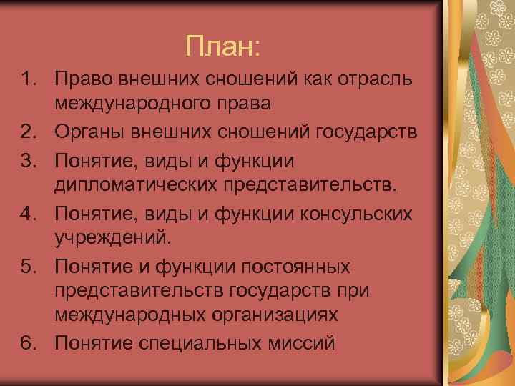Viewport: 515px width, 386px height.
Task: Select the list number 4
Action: pos(27,214)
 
